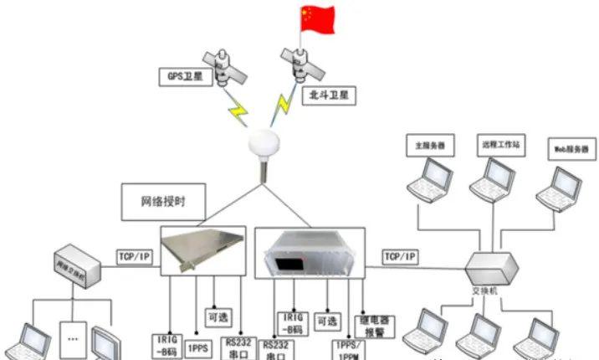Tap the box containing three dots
point(74,340)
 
